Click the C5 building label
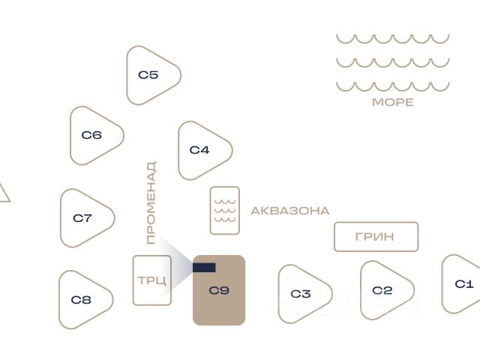148,75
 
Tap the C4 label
199,150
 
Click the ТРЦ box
151,280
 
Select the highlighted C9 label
219,290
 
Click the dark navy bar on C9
204,268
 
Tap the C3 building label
301,294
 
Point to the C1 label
464,284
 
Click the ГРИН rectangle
376,237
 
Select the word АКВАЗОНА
290,211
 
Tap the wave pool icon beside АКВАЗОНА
225,211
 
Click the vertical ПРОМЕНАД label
151,202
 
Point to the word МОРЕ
393,102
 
